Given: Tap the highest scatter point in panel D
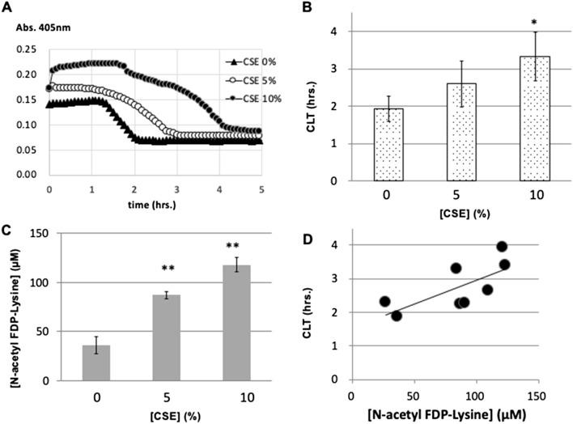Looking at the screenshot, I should [x=502, y=247].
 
